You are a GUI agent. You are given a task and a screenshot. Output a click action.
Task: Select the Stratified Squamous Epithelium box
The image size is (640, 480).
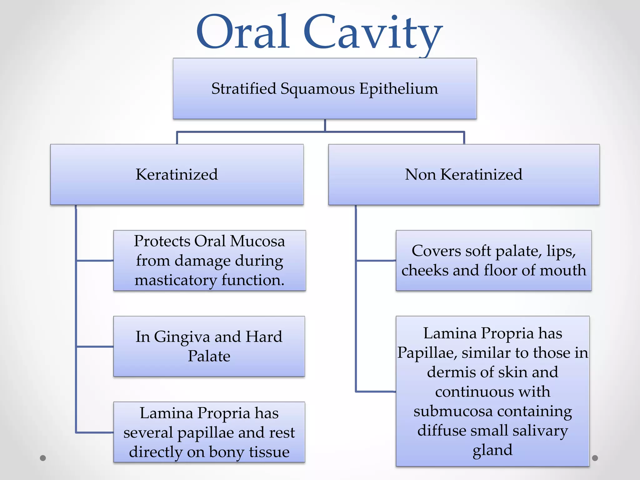(324, 88)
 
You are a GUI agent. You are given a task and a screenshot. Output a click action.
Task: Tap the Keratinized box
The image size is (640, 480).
(177, 174)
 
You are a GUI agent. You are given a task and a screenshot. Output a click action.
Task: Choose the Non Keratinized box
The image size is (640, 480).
(463, 174)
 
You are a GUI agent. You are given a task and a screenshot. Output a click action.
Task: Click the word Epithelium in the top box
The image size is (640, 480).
(398, 88)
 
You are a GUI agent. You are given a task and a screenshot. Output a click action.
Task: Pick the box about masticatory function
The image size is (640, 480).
(209, 260)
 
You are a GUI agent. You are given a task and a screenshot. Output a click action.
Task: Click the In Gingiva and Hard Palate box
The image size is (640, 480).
(209, 346)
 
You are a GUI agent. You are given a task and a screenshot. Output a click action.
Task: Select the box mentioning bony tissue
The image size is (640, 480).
(209, 432)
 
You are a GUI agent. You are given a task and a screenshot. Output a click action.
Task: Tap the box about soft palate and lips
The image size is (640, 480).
(493, 260)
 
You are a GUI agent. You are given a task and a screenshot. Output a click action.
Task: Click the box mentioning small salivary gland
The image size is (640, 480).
(492, 391)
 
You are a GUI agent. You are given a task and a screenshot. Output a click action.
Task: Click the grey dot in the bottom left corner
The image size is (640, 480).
(43, 458)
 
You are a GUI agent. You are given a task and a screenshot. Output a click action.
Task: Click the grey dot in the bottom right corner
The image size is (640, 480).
(595, 458)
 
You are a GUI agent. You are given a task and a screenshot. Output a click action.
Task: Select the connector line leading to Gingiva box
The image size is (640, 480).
(94, 346)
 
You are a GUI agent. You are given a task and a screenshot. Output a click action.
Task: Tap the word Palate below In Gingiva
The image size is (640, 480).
(209, 356)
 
